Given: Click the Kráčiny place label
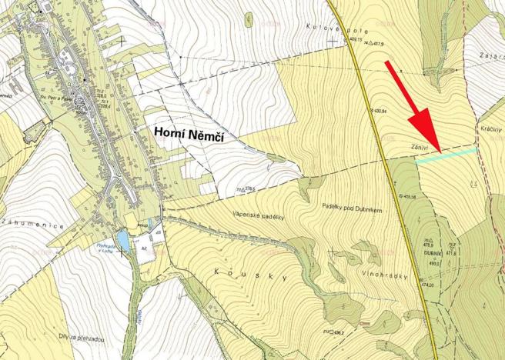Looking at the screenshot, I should (x=490, y=130).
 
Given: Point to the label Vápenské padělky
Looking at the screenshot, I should (x=257, y=215).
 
